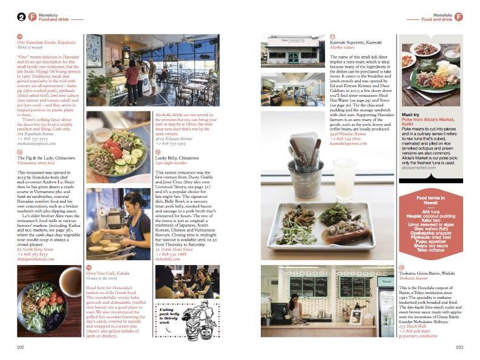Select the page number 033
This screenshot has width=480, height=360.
coord(459,347)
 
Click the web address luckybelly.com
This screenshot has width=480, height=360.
coord(168,259)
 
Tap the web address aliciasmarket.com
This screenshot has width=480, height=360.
coord(418,168)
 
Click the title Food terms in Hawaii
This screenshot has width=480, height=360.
coord(430,201)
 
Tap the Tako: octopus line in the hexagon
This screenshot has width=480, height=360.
coord(430,249)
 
